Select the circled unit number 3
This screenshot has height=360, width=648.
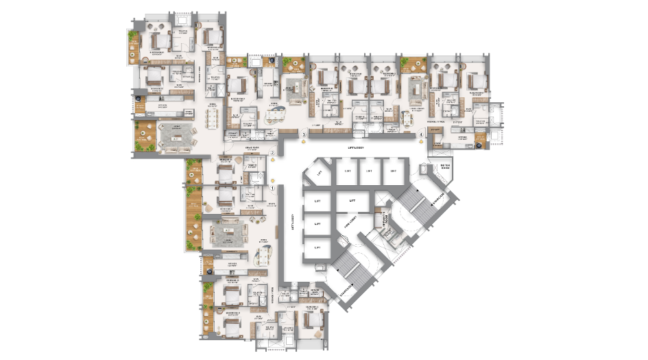tap(304, 135)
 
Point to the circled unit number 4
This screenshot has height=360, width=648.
tap(421, 135)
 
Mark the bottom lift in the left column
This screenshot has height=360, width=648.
tap(317, 247)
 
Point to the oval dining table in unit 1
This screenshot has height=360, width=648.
tap(263, 255)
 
